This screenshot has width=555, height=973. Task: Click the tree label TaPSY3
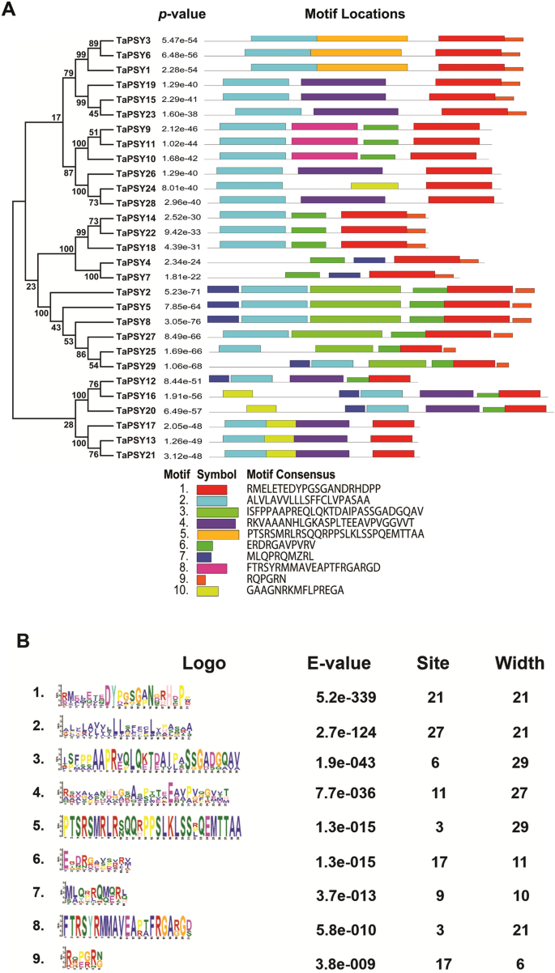(133, 39)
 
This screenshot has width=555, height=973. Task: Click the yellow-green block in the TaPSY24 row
(374, 185)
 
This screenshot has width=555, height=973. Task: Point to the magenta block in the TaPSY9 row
(324, 127)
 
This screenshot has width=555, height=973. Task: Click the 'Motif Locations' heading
(355, 15)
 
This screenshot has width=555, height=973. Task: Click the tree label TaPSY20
(135, 410)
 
